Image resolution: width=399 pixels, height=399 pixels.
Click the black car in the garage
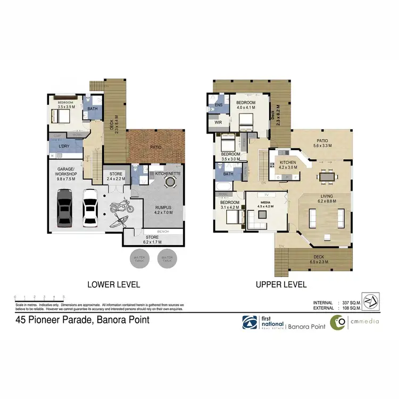(65, 207)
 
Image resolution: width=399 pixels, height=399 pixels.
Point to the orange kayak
(119, 219)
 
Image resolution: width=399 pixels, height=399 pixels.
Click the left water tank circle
(140, 260)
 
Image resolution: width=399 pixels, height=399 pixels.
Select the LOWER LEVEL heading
(113, 285)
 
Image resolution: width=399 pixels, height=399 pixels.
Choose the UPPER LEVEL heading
(281, 285)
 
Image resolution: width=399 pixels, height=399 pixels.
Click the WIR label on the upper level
(218, 122)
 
